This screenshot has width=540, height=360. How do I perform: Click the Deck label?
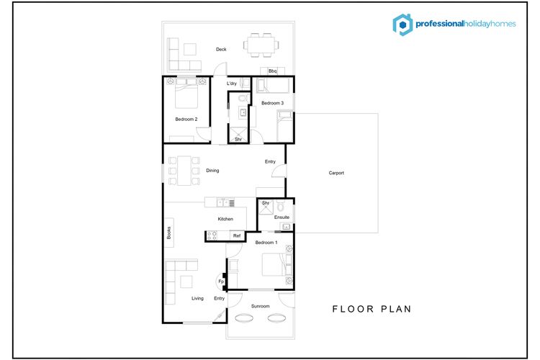pos(221,49)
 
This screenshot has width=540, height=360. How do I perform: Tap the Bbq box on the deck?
pos(272,71)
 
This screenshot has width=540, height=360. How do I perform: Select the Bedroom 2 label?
pos(186,120)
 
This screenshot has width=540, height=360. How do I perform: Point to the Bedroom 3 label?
pos(272,103)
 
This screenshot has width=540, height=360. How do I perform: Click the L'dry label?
pos(232,84)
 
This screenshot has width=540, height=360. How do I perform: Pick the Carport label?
pos(336,173)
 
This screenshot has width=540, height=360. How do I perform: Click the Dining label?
pos(212,170)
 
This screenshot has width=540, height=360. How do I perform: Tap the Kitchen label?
pos(225,219)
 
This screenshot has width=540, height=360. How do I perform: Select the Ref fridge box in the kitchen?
pos(237,235)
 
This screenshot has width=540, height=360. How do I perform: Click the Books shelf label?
pos(168,233)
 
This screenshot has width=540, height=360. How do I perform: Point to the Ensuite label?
pos(282,217)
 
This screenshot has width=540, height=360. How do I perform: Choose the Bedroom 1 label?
pos(266,243)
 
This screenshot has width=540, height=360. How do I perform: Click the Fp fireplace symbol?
pos(221,282)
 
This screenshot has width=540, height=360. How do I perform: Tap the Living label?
pos(198,298)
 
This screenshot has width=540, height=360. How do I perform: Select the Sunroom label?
pos(261,306)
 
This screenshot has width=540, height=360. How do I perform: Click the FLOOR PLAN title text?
pos(372,309)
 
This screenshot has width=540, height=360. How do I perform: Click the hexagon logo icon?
pos(402,24)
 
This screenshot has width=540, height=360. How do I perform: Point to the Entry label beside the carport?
pos(270,161)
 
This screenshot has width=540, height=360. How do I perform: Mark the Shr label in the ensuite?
pos(266,203)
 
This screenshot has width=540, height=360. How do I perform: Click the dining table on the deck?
pos(261,45)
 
